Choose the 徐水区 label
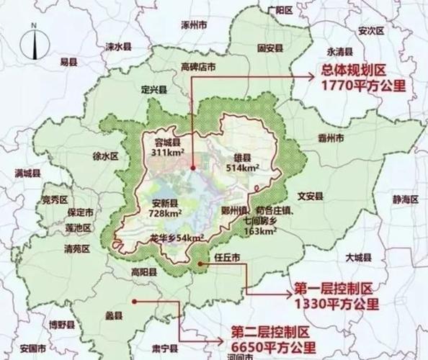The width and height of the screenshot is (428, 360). (x=105, y=156)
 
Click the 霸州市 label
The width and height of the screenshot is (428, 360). (x=331, y=137)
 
